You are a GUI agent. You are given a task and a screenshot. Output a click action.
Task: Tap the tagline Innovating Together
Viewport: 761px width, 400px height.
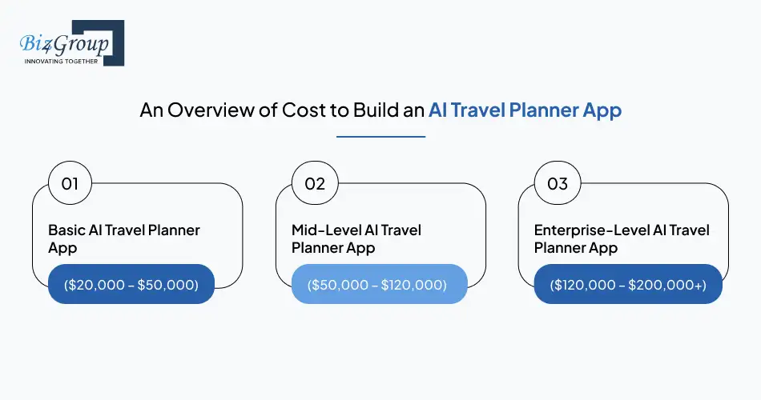click(61, 61)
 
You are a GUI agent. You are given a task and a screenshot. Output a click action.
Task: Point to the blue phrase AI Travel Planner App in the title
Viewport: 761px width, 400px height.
click(525, 110)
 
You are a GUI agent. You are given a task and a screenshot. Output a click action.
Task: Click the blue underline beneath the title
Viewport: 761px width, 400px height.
click(380, 136)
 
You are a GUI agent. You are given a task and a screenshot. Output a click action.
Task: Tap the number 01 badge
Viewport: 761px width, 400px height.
click(70, 184)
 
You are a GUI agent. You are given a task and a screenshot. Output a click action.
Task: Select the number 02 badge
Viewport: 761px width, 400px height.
click(315, 184)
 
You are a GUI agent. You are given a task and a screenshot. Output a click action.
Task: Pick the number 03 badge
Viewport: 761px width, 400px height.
click(558, 184)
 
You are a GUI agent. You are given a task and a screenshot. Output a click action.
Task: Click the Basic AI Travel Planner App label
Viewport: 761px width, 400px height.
click(124, 238)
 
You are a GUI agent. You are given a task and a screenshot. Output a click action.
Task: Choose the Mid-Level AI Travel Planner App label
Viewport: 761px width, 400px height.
click(356, 238)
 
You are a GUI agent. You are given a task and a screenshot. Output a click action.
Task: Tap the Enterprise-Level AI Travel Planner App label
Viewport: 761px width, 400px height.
click(622, 238)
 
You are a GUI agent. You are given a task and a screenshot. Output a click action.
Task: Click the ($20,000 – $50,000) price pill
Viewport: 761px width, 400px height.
click(131, 284)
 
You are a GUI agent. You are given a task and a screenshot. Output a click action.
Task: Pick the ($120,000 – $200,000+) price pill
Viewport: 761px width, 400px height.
click(628, 284)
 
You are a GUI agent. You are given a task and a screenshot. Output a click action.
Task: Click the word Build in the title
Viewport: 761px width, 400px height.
click(376, 110)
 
